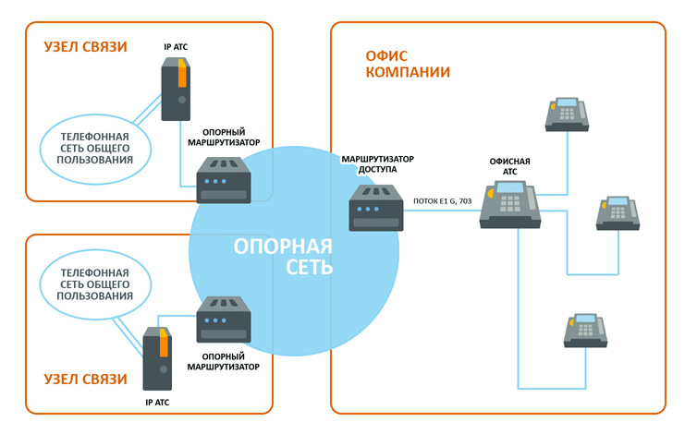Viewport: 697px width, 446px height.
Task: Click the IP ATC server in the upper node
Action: point(176,89)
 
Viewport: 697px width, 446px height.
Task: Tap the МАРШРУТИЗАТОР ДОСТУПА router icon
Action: point(376,207)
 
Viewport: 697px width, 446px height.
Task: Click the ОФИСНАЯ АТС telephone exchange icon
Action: point(509,204)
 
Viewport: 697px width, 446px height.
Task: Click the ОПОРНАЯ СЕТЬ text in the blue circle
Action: point(283,257)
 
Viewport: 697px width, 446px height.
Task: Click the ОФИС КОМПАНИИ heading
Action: point(408,64)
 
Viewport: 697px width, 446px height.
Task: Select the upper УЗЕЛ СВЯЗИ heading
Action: point(85,46)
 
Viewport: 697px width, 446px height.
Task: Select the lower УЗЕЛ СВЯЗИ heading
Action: point(85,379)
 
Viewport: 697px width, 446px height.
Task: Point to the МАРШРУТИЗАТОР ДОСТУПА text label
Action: point(377,164)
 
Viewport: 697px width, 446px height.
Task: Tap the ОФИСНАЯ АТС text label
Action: point(510,166)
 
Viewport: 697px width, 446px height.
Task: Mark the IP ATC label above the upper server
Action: point(176,45)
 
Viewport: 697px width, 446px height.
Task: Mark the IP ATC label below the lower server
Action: point(157,403)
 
